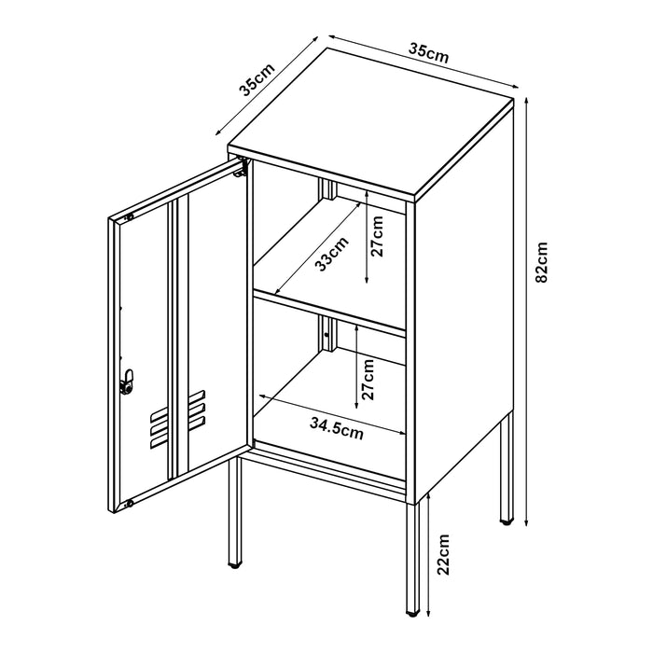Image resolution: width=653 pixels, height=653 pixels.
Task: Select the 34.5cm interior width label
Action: tap(337, 428)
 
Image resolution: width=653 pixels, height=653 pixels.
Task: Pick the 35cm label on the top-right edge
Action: tap(429, 52)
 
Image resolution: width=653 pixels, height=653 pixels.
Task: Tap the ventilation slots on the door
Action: tap(176, 419)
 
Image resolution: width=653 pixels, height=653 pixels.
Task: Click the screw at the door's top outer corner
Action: tap(129, 216)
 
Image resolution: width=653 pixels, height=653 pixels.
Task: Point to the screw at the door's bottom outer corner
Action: tap(129, 504)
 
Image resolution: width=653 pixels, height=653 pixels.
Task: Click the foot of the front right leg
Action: tap(413, 613)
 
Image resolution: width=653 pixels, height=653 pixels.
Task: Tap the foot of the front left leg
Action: tap(235, 564)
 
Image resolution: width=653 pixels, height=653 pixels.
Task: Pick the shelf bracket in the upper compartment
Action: tap(328, 189)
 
